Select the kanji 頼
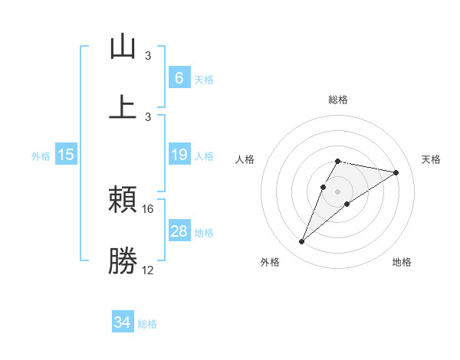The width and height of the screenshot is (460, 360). (123, 200)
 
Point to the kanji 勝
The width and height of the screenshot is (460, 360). (123, 261)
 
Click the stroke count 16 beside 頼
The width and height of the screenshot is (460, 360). (148, 208)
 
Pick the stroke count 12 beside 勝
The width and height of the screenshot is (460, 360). (148, 270)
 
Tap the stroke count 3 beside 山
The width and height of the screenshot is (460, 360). (148, 56)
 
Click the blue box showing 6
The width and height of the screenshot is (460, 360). (179, 78)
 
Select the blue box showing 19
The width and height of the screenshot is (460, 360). (179, 155)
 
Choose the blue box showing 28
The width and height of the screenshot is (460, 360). (179, 231)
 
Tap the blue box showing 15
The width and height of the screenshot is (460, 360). (66, 155)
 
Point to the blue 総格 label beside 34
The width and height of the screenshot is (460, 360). (147, 324)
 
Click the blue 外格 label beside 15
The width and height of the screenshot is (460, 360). (41, 155)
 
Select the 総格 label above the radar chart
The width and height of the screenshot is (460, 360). (337, 100)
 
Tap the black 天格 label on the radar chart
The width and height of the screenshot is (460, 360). (432, 159)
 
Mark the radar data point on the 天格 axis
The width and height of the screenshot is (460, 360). (396, 172)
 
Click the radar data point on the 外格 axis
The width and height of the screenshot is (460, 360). (301, 242)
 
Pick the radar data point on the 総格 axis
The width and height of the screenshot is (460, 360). (337, 161)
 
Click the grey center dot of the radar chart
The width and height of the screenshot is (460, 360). (337, 191)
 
